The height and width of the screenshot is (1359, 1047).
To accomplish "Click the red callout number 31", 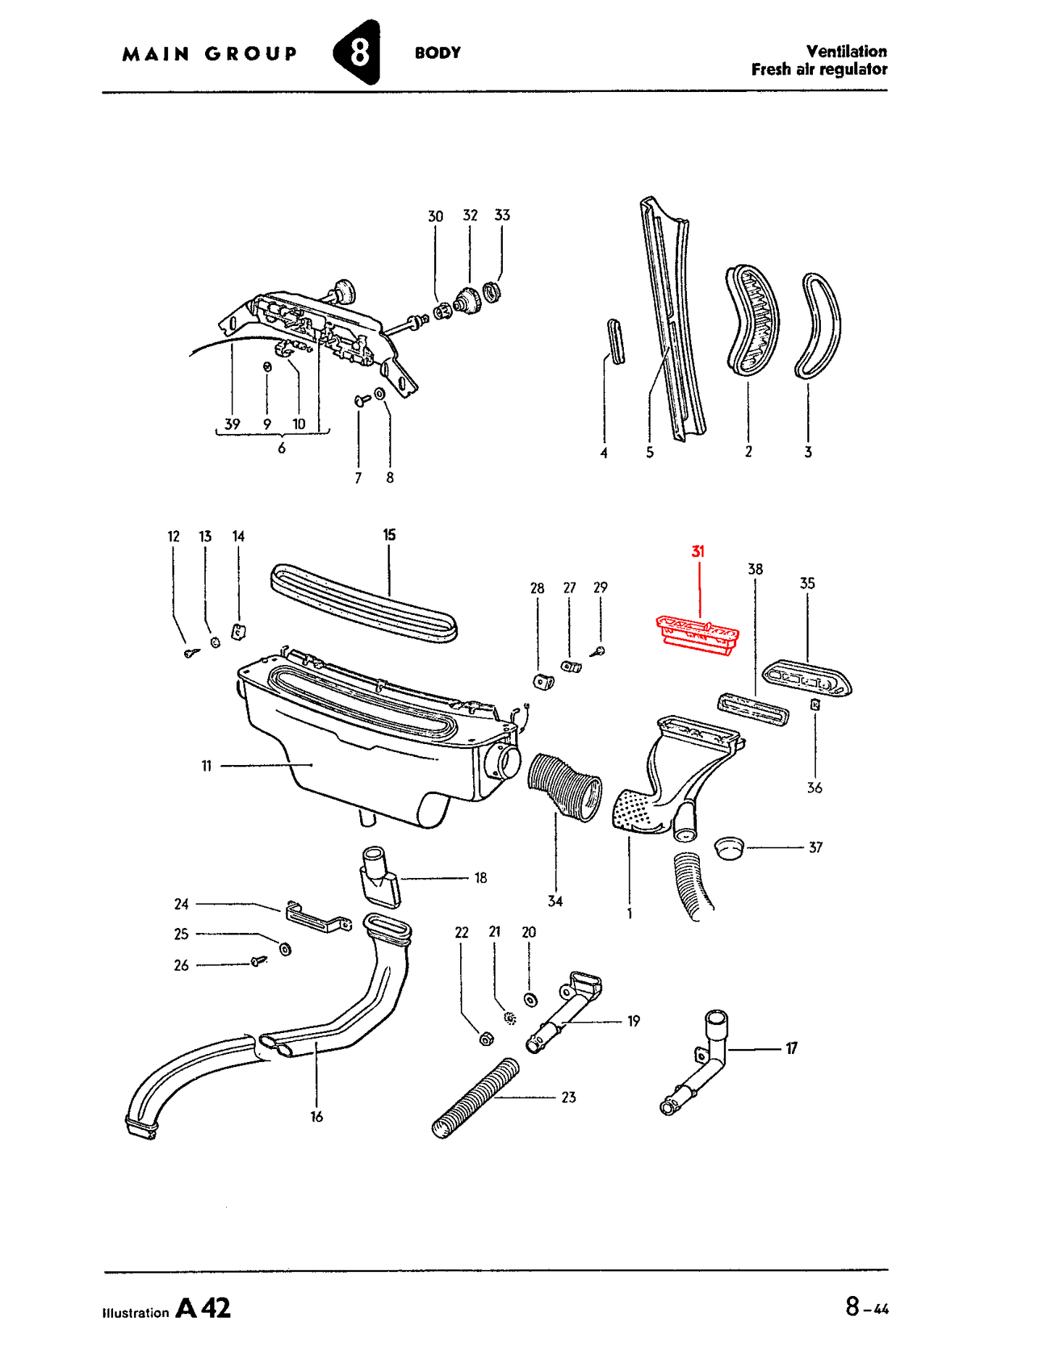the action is click(698, 551).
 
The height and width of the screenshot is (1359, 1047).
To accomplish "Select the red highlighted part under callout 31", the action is click(697, 635).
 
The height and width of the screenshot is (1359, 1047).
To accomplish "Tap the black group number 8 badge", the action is click(357, 52).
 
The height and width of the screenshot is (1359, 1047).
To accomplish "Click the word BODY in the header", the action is click(438, 53).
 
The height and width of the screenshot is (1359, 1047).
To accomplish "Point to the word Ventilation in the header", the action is click(846, 51).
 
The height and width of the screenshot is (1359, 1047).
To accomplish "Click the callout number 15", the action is click(389, 535).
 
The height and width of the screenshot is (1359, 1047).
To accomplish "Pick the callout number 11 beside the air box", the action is click(207, 766).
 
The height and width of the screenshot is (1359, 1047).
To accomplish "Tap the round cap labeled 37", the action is click(729, 847).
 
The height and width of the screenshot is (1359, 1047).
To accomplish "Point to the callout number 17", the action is click(791, 1048).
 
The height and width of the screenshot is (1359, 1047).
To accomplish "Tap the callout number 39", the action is click(232, 424).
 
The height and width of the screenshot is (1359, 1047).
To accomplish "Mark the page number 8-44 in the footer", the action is click(867, 1307).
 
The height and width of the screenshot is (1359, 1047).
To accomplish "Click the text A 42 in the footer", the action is click(204, 1308).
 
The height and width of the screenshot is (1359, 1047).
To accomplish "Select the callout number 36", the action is click(814, 787).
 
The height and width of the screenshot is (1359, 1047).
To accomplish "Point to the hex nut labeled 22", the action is click(487, 1039).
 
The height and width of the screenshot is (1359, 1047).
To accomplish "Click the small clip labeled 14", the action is click(238, 632).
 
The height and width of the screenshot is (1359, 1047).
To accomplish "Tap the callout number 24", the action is click(181, 904).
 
